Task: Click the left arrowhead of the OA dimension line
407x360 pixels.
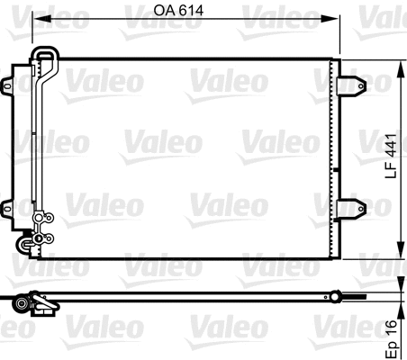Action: tap(38, 23)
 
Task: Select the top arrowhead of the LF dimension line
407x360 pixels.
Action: tap(399, 65)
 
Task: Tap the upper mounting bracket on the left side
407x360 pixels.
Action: tap(10, 84)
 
